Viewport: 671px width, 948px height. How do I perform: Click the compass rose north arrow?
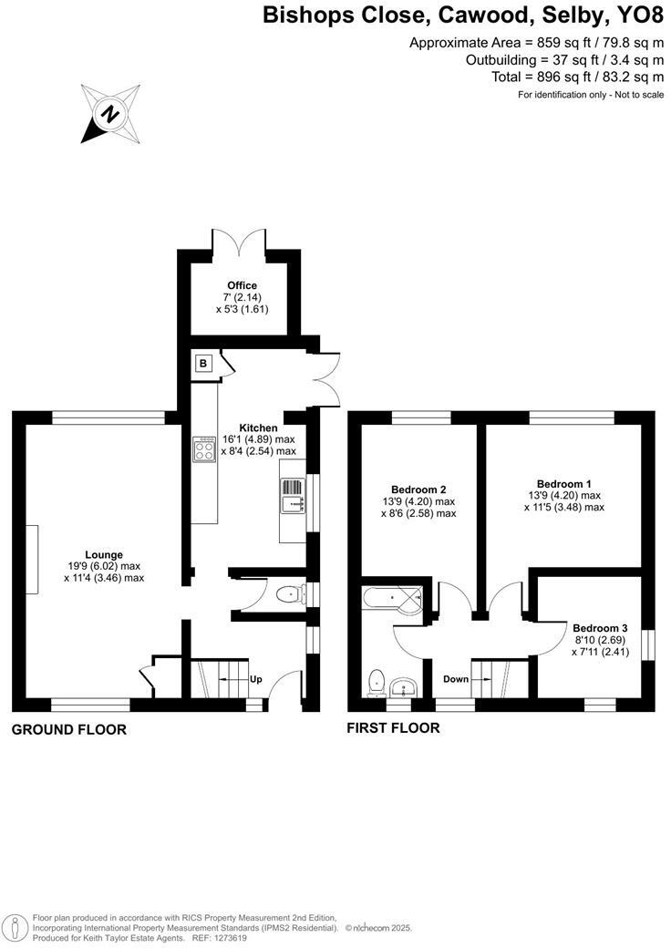(110, 114)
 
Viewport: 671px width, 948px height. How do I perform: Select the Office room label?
(242, 285)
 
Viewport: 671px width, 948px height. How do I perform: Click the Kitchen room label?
(258, 428)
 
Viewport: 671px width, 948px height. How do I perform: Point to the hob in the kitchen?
(203, 450)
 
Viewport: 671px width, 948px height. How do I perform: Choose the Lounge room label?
(104, 554)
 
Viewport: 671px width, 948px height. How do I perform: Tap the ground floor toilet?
(289, 595)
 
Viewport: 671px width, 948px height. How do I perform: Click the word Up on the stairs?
(256, 679)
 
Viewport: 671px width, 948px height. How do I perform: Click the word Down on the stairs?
(456, 679)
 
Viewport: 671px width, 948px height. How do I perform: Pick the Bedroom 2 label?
(418, 489)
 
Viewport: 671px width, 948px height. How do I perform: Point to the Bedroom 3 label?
(600, 627)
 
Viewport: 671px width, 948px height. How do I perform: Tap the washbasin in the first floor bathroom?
(403, 685)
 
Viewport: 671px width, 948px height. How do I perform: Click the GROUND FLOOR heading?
(68, 729)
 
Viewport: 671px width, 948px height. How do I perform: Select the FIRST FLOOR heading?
(393, 727)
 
